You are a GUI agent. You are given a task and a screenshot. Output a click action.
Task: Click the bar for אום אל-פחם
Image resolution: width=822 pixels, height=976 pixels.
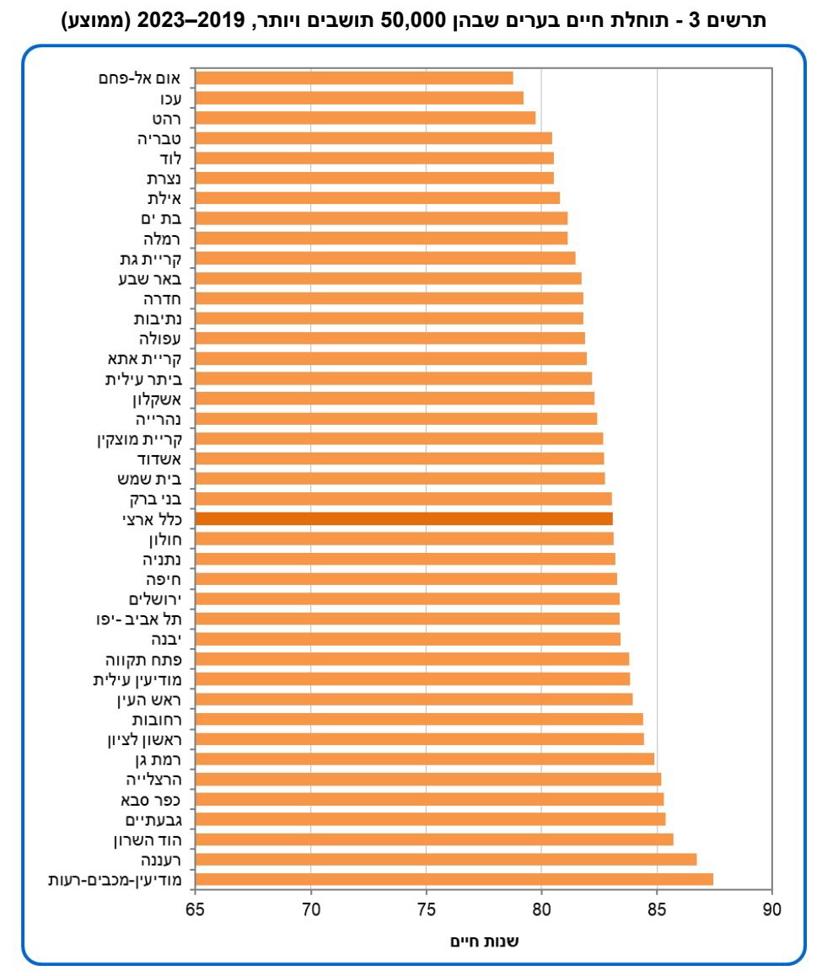coord(354,78)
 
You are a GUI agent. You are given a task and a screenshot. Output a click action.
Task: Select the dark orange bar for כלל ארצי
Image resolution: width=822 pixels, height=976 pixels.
coord(404,519)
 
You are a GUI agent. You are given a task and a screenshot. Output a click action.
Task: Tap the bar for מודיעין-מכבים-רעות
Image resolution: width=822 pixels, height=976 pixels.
coord(454,880)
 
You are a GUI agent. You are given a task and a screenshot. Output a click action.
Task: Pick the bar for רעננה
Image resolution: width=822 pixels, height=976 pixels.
coord(446,860)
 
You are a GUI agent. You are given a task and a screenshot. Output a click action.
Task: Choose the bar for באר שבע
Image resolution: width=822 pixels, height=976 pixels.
coord(388,279)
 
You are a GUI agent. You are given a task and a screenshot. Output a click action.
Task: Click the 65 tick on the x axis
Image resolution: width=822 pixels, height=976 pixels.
coord(196,909)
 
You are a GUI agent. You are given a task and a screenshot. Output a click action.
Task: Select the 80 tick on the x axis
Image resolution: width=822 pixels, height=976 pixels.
coord(541,909)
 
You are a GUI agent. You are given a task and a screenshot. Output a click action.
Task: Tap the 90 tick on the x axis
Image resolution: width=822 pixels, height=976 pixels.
coord(771,909)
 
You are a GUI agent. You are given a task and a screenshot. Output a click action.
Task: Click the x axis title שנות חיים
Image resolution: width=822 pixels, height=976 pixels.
coord(484,941)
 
